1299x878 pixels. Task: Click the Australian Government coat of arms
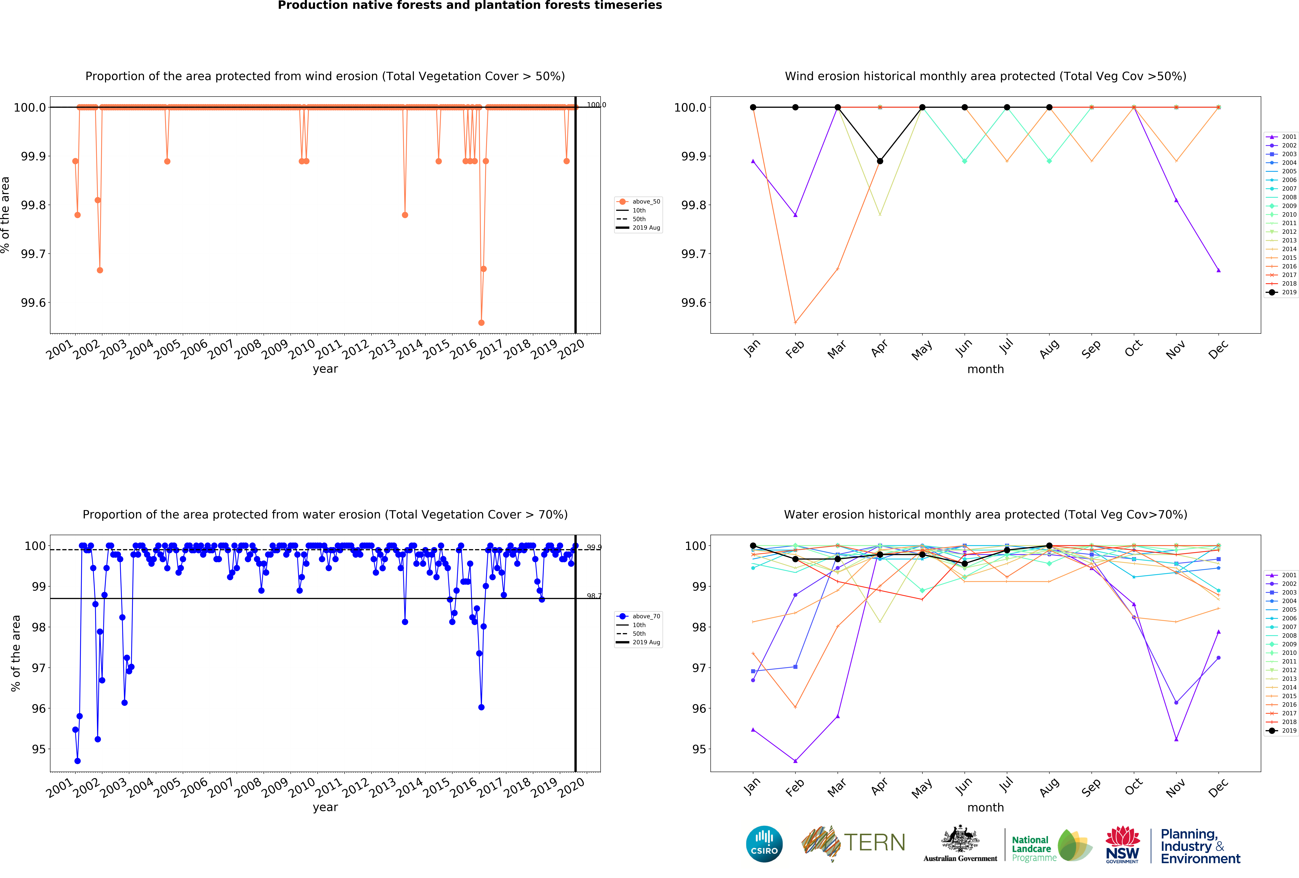click(960, 838)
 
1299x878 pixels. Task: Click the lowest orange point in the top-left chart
click(481, 323)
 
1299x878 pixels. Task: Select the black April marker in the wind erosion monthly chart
click(880, 161)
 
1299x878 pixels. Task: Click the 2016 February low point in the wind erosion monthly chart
click(795, 323)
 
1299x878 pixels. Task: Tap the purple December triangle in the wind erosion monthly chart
click(1218, 270)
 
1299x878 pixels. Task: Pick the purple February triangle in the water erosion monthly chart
click(795, 761)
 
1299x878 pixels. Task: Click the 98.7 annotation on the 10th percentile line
click(594, 596)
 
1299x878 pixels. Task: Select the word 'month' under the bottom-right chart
click(985, 808)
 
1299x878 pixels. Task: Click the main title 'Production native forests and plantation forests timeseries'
click(470, 6)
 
